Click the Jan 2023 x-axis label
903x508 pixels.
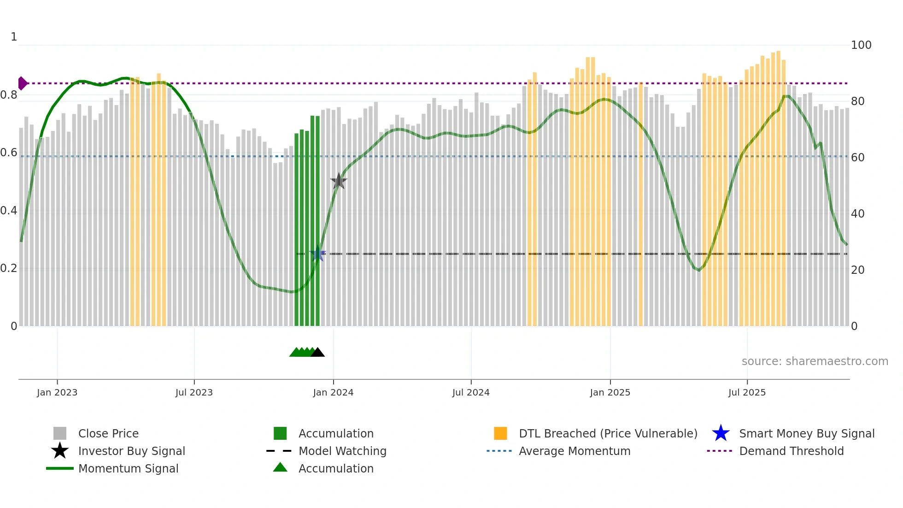[57, 392]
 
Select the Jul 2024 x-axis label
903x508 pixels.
[471, 392]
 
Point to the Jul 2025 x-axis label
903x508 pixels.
[747, 392]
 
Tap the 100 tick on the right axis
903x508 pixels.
[861, 45]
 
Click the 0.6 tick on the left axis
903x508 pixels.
[9, 153]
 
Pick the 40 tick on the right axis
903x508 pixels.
[857, 214]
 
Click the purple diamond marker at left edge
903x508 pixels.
[22, 83]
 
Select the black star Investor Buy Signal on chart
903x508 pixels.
[339, 181]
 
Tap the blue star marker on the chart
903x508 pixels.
[317, 254]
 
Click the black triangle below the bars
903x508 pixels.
[317, 353]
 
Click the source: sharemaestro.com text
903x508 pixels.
[815, 361]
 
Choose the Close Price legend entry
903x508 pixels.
[108, 433]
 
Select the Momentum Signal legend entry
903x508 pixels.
[128, 468]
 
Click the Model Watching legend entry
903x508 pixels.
[342, 451]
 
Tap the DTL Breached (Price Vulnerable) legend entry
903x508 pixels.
[608, 433]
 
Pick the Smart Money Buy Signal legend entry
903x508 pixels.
[806, 433]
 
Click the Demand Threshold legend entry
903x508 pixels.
[791, 451]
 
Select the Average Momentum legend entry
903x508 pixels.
[575, 451]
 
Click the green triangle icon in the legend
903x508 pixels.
[280, 467]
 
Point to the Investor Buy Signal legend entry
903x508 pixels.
[131, 451]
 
